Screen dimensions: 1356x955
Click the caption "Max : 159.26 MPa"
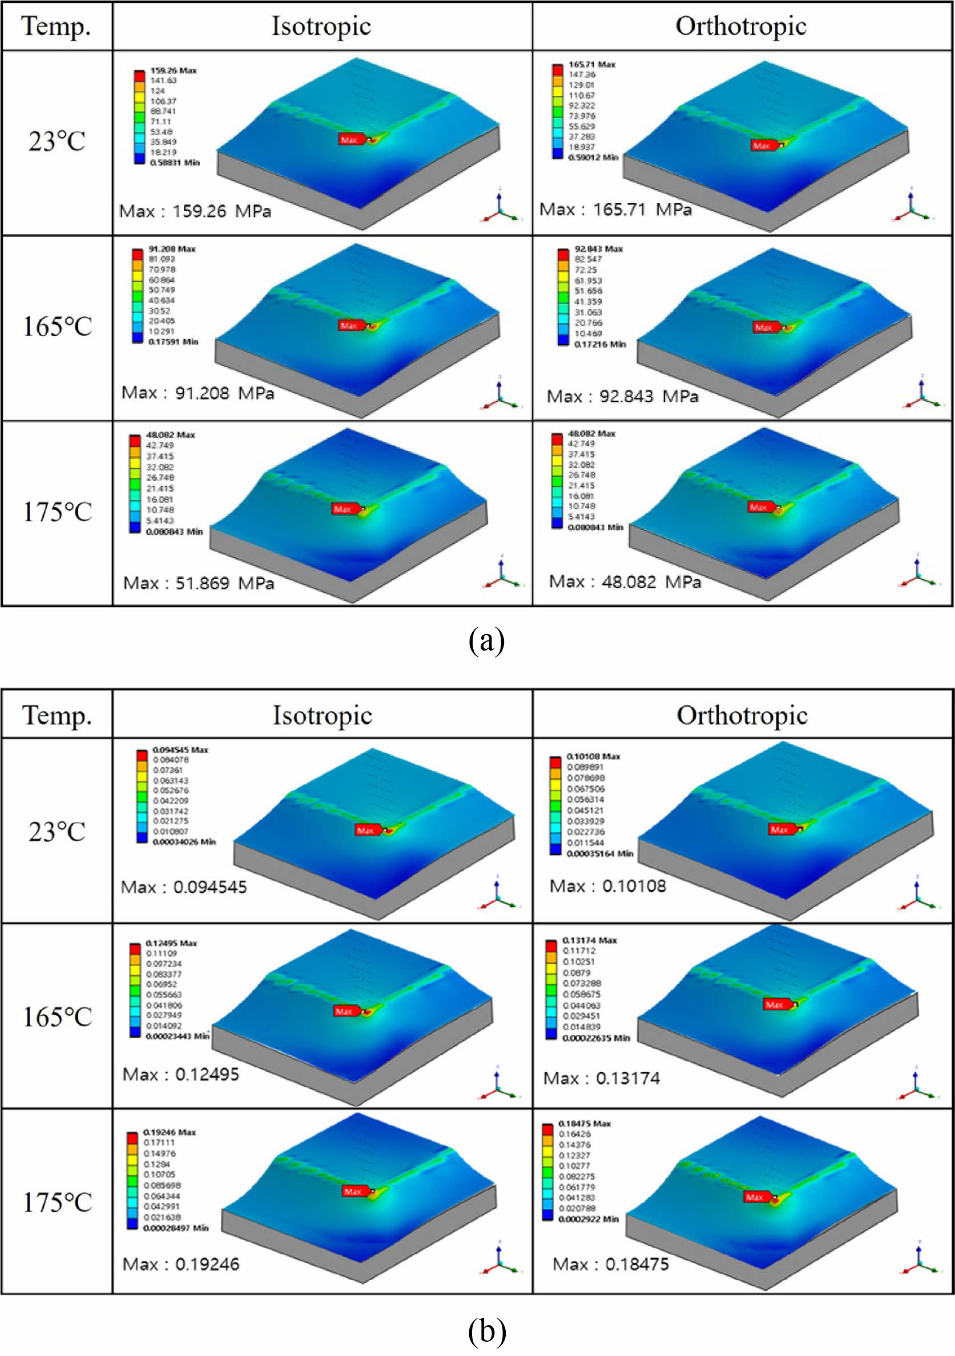pos(195,211)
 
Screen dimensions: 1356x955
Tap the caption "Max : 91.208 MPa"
pos(198,393)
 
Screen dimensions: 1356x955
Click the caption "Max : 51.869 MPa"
pos(199,583)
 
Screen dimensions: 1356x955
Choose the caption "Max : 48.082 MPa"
pos(625,582)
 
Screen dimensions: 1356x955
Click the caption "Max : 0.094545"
pos(184,887)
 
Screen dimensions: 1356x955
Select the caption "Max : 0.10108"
pos(607,886)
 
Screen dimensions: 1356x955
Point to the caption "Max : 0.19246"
pos(181,1264)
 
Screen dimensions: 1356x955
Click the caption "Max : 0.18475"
pos(611,1264)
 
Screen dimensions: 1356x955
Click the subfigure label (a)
pos(486,640)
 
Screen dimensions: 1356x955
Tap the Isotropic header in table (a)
pos(321,26)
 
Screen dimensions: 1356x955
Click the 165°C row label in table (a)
pos(57,326)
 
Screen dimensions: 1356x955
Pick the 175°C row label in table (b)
pos(57,1202)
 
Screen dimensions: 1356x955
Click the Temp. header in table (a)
pos(56,26)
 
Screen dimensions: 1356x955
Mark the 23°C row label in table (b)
pos(57,832)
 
